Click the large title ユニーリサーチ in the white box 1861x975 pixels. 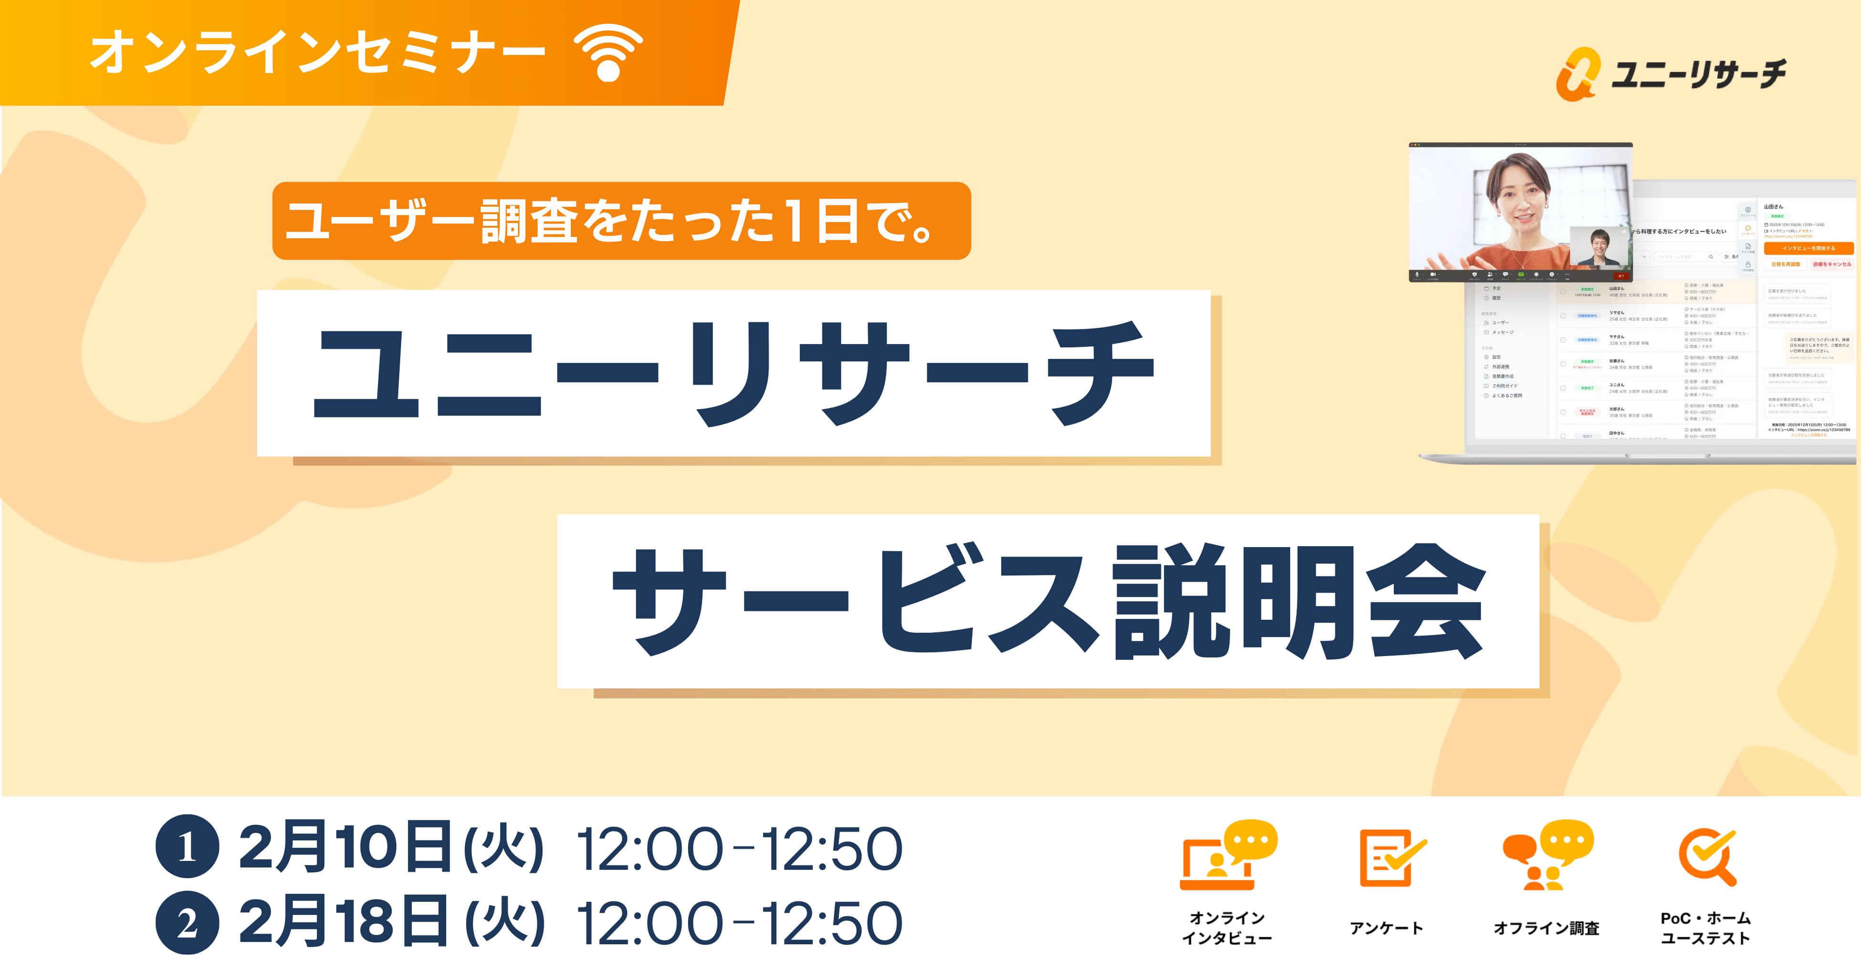(733, 374)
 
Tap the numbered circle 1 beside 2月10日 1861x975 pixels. (187, 847)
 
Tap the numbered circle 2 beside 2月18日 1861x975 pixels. (187, 923)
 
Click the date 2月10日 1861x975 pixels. (345, 847)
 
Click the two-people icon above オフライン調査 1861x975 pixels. (1547, 855)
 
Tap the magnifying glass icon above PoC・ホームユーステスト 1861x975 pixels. (1708, 857)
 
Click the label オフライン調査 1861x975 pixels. (1546, 928)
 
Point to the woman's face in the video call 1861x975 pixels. (1521, 201)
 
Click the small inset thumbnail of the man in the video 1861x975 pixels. (1599, 247)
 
